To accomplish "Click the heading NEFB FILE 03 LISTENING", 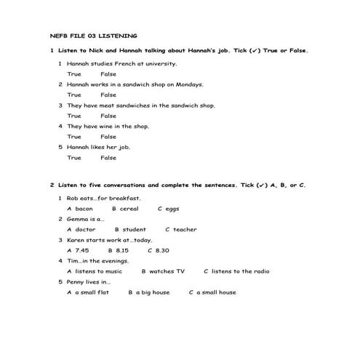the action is [x=93, y=35].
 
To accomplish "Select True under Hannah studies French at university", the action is [x=74, y=74].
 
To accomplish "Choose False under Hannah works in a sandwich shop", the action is [x=108, y=95].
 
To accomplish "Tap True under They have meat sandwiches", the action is [x=74, y=116].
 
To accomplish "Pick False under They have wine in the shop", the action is [x=108, y=137].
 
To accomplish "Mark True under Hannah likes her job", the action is [x=74, y=158].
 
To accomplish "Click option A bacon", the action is [x=79, y=209].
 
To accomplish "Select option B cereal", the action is [x=125, y=209].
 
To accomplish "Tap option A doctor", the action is [x=81, y=230].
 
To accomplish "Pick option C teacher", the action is [x=181, y=230].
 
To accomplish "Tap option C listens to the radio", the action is [x=236, y=271].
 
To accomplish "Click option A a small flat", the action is [x=88, y=292].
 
